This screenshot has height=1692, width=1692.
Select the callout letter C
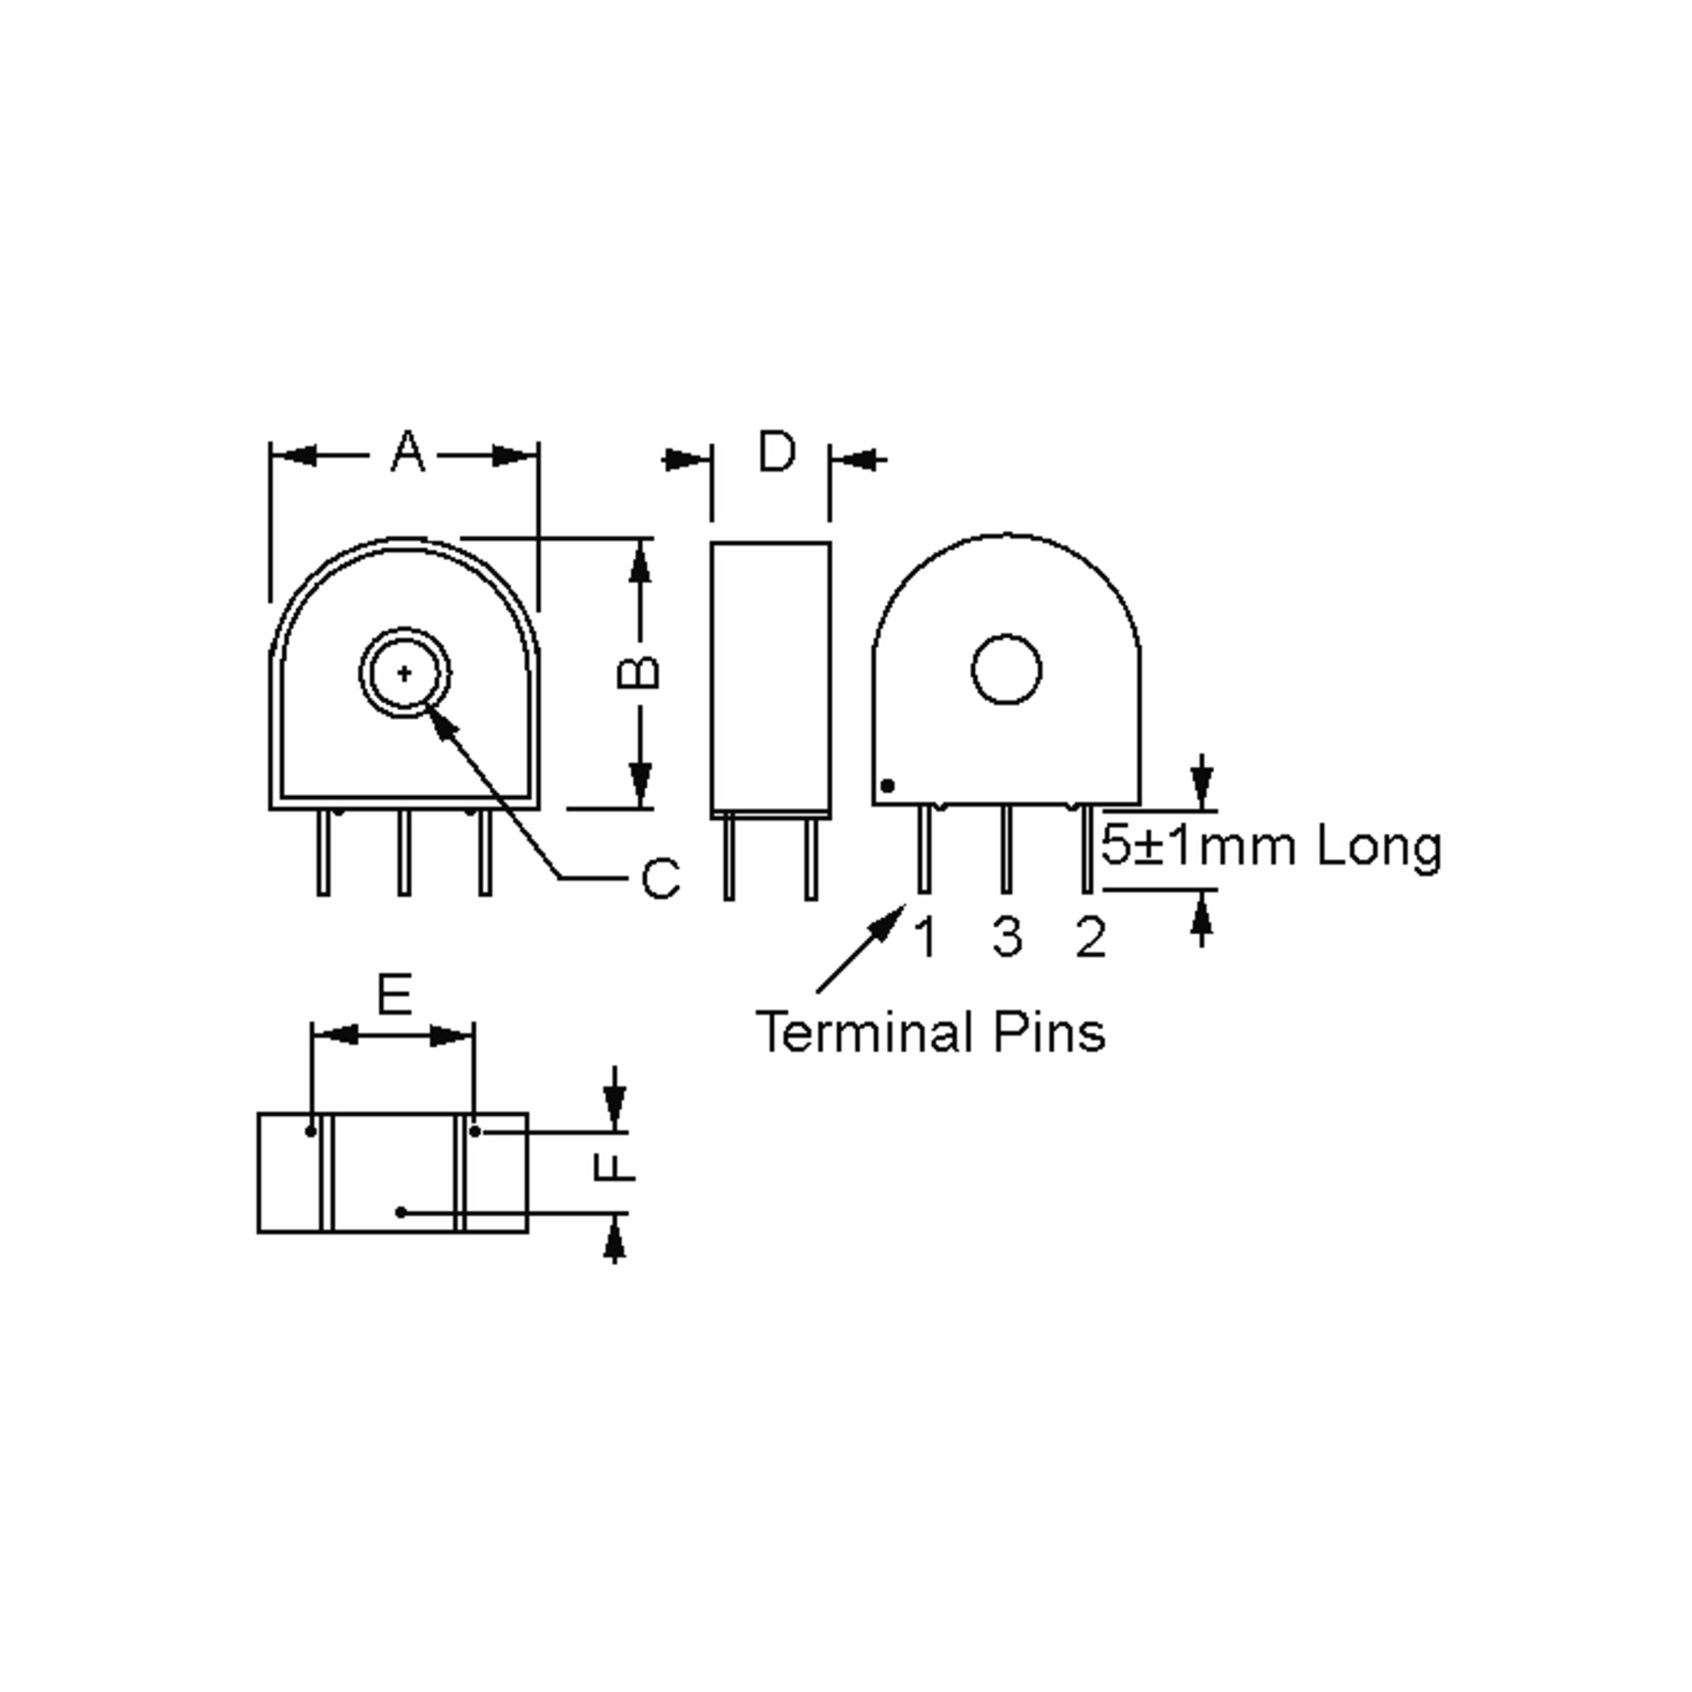click(661, 878)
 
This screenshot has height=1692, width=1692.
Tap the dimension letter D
click(777, 451)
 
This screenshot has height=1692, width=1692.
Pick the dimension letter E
click(394, 995)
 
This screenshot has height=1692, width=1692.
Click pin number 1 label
click(926, 937)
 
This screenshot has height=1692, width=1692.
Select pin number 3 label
click(1007, 937)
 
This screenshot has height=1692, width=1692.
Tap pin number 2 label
click(1091, 937)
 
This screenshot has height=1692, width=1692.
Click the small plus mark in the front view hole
click(405, 673)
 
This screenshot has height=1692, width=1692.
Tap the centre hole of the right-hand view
click(1006, 669)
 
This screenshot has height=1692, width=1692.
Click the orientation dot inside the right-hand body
click(887, 785)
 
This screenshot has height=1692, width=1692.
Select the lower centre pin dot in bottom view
click(401, 1212)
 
